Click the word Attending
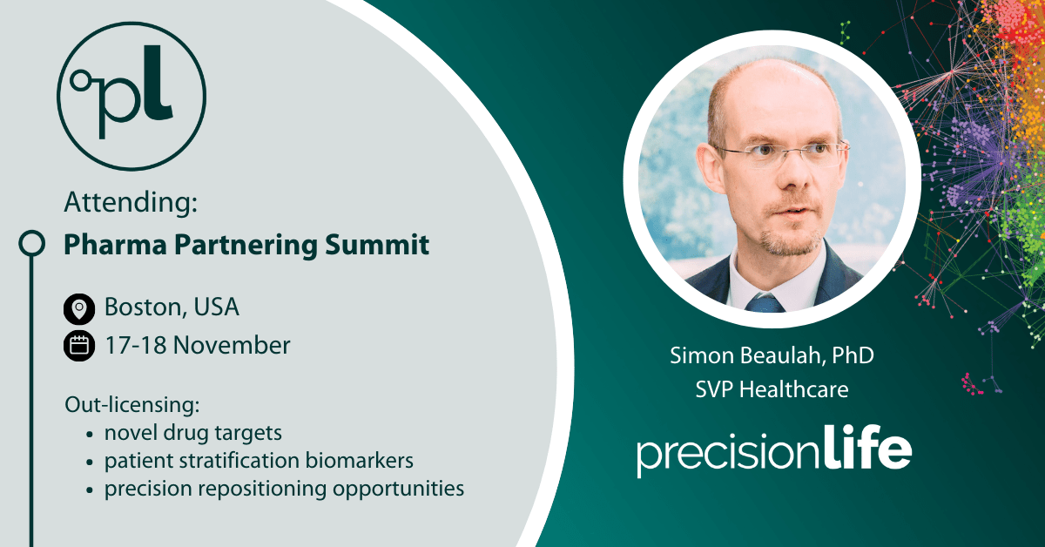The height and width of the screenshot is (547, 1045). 131,204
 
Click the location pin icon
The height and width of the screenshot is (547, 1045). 79,308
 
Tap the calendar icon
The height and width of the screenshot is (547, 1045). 79,346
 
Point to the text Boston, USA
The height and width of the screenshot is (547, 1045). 172,307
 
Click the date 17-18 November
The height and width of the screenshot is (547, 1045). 197,345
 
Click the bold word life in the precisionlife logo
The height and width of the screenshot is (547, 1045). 866,450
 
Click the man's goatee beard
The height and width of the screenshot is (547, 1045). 785,240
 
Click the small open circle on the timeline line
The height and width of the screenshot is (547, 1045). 31,244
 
